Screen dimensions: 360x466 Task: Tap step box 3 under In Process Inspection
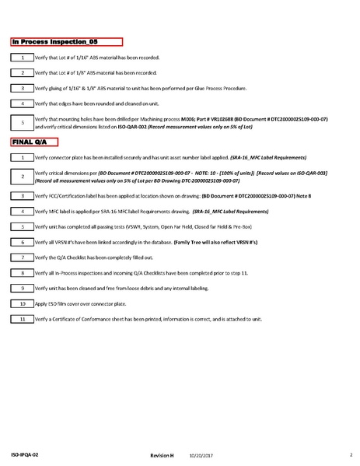(23, 88)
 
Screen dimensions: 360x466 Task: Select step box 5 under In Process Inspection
(23, 121)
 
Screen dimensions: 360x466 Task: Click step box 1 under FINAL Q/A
(23, 157)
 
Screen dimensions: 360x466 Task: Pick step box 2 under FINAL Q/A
(23, 177)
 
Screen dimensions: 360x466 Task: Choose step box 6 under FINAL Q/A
(23, 242)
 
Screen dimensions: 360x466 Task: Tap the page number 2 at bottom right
(351, 452)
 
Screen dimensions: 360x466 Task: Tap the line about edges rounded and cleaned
(94, 103)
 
